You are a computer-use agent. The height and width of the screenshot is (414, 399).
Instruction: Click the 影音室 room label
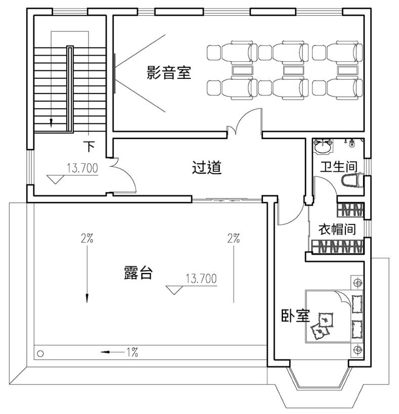169,73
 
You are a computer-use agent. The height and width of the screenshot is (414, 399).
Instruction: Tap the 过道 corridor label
206,167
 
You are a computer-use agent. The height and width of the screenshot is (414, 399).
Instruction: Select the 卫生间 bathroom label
339,167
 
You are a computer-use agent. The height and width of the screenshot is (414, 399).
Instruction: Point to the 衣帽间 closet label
337,229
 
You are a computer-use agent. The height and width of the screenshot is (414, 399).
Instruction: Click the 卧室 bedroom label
295,315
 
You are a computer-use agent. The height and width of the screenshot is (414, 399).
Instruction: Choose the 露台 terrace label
138,272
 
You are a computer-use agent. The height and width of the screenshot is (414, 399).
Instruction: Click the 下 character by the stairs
89,147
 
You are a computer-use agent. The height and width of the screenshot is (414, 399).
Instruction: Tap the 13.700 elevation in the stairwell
82,168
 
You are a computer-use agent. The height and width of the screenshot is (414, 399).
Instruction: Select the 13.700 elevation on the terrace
201,279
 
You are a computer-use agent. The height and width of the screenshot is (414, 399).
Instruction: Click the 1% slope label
132,352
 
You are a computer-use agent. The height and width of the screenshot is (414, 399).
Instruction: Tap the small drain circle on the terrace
40,353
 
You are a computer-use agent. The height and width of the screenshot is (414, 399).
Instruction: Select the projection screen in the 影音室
115,73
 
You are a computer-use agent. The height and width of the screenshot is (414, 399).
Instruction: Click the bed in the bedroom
334,316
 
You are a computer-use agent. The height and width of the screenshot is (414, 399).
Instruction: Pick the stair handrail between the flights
70,89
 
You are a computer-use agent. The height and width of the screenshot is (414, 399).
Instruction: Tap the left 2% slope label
87,239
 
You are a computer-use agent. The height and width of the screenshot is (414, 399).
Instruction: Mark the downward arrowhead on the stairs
51,123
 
